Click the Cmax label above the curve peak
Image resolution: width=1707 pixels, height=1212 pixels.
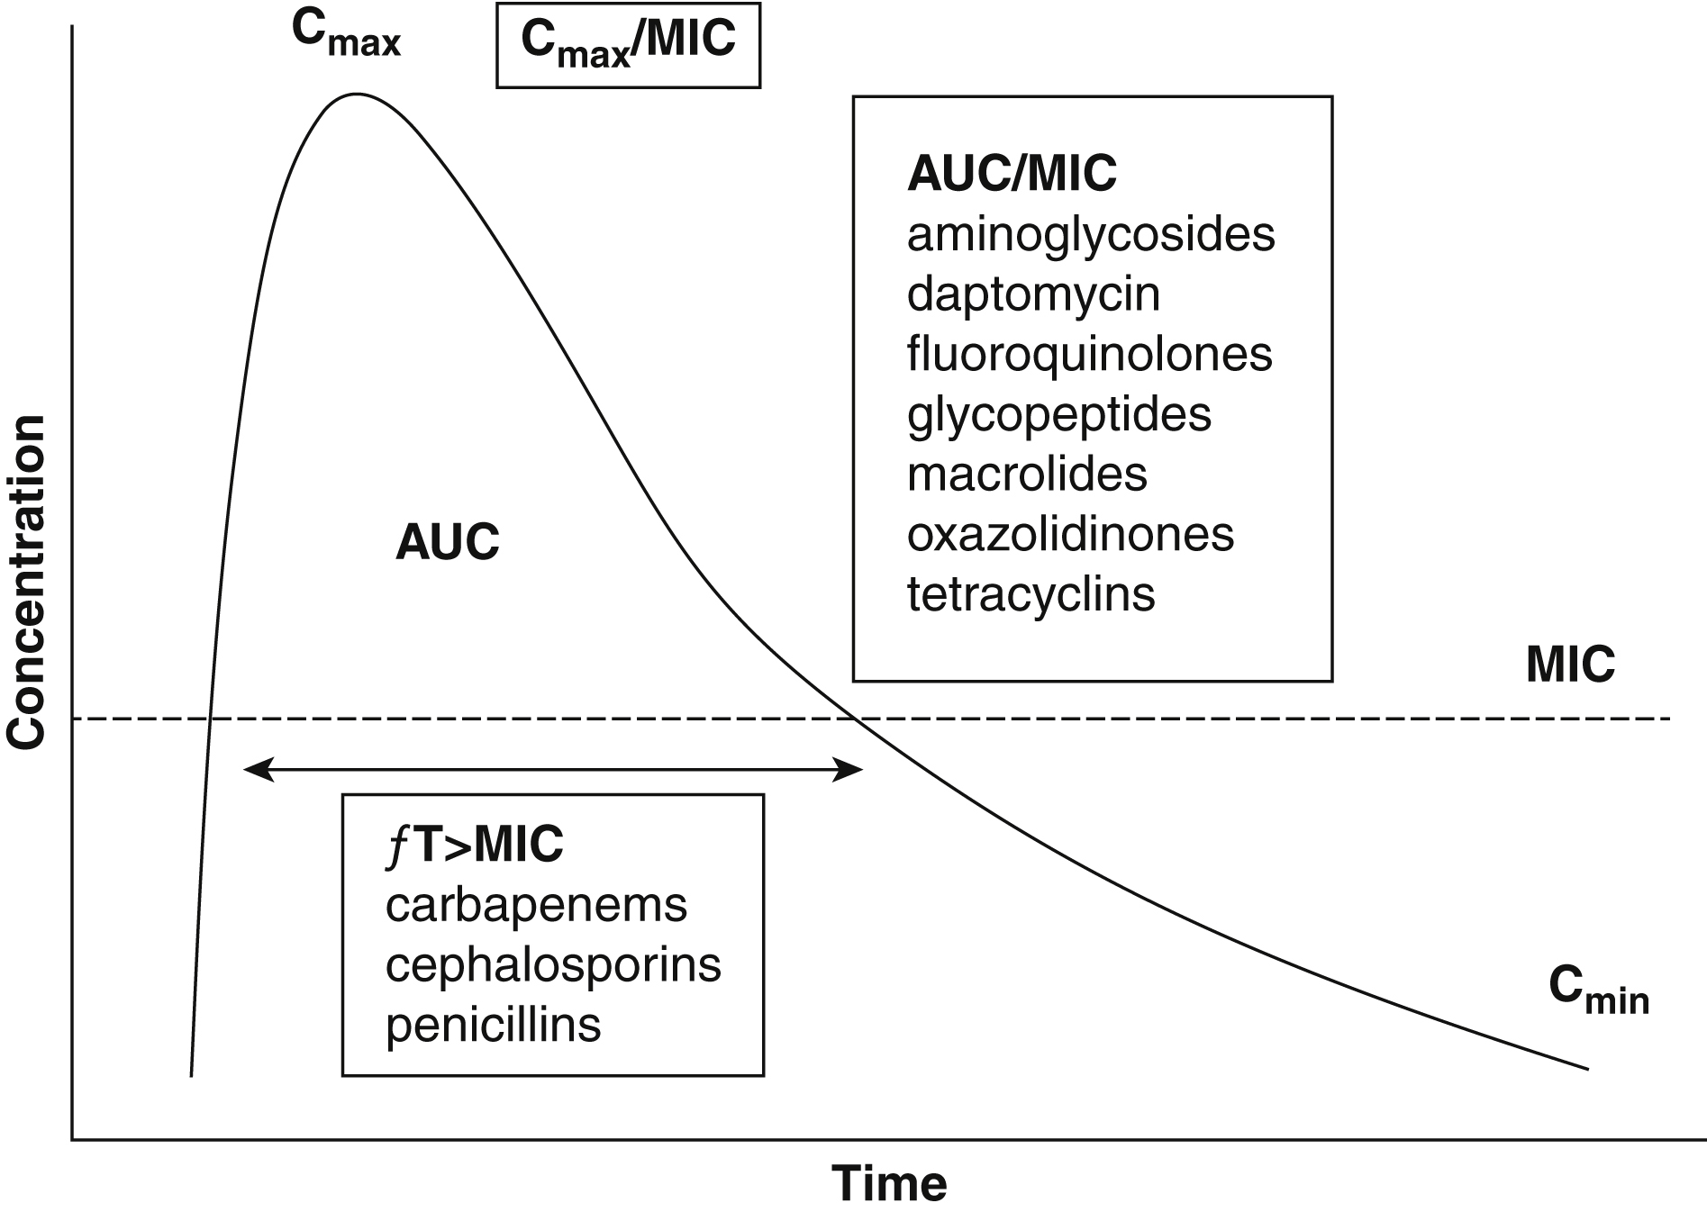tap(346, 34)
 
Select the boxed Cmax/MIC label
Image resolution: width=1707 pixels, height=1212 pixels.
tap(628, 44)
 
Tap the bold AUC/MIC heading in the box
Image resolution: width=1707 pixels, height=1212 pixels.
tap(1012, 173)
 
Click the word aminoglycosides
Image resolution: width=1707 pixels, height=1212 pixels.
tap(1091, 234)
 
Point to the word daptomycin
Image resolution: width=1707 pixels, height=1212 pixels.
tap(1033, 294)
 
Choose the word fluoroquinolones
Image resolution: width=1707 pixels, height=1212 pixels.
tap(1089, 354)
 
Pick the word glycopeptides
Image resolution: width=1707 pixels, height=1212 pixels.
tap(1059, 414)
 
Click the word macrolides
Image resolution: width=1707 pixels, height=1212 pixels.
tap(1027, 475)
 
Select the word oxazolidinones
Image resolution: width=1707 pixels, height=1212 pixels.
tap(1070, 534)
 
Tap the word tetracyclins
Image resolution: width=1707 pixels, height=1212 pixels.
tap(1031, 594)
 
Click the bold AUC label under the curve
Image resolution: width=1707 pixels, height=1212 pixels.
tap(447, 542)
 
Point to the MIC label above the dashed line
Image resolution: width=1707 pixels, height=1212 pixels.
tap(1570, 665)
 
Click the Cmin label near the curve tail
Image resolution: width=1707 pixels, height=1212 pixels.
tap(1598, 990)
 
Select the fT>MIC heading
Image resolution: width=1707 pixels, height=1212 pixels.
tap(474, 845)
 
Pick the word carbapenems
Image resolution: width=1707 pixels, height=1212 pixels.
tap(536, 905)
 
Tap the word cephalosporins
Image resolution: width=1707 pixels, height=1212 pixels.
tap(553, 964)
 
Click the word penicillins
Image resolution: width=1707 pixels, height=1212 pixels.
tap(493, 1025)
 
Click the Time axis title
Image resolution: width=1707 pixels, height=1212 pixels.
tap(889, 1182)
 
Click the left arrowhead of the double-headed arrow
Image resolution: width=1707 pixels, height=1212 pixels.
tap(256, 769)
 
